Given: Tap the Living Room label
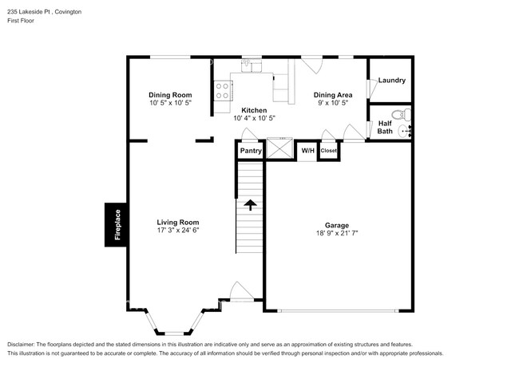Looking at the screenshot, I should click(177, 223).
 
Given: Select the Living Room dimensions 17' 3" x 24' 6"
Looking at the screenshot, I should click(177, 231).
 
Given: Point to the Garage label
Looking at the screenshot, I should click(337, 226).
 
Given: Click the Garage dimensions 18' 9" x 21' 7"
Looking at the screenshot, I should click(337, 235).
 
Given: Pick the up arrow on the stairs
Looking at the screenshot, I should click(250, 205).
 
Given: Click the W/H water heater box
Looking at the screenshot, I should click(307, 150).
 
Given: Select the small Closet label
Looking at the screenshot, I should click(329, 150).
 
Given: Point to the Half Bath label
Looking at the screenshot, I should click(385, 127).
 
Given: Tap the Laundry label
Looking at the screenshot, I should click(391, 81).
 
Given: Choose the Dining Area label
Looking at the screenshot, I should click(333, 95).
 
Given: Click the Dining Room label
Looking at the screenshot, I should click(171, 95).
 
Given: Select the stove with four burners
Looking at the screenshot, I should click(223, 92).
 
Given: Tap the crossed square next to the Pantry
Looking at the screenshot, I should click(279, 150).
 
